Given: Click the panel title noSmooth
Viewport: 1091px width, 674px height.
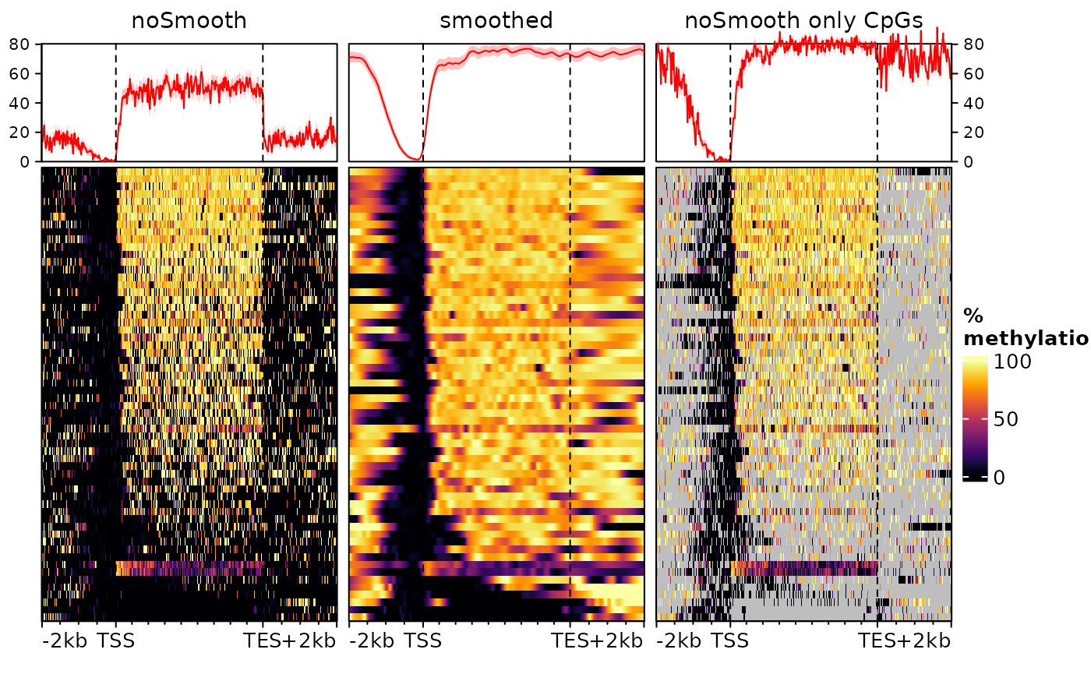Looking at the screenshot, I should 189,21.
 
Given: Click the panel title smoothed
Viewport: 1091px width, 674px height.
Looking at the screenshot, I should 496,21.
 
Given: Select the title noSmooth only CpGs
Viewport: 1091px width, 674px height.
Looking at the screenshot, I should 803,21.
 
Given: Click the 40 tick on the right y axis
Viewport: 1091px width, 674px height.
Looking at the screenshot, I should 973,103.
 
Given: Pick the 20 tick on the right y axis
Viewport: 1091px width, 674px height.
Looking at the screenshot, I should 973,132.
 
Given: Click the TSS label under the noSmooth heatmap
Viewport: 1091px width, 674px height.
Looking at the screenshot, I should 116,642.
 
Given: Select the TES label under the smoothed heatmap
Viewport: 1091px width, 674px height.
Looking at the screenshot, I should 570,642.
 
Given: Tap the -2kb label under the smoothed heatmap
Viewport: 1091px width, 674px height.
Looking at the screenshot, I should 372,642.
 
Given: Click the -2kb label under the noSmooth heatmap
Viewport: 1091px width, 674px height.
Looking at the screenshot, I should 65,642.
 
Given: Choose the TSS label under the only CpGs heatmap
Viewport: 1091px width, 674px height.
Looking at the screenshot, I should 730,642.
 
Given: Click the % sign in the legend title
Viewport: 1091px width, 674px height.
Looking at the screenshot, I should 973,316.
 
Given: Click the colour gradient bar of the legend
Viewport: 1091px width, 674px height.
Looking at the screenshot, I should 975,419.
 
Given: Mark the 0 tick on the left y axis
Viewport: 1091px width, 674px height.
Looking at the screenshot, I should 25,162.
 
